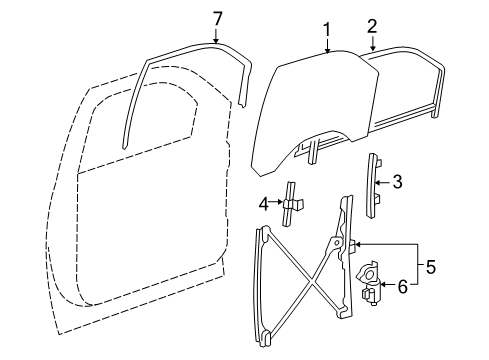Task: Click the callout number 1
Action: (325, 31)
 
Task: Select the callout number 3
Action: (397, 181)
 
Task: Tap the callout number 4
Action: (264, 204)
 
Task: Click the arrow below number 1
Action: (325, 46)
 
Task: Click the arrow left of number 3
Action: (386, 181)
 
